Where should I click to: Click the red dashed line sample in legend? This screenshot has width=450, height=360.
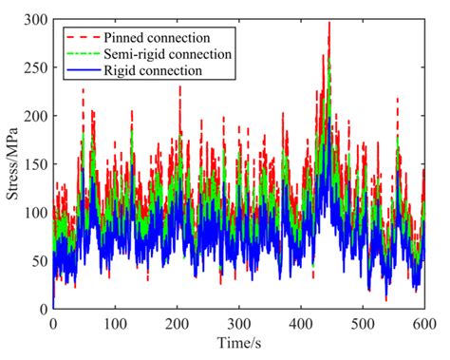[x=81, y=36]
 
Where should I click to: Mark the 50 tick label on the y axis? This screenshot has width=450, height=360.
[x=40, y=261]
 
